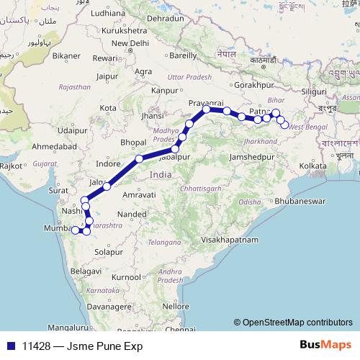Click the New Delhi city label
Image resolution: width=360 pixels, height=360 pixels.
coord(130,43)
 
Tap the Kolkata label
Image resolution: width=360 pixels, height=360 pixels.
coord(314,166)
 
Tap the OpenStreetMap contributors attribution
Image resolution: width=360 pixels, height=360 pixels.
coord(297,323)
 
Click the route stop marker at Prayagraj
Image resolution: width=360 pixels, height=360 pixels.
coord(207,109)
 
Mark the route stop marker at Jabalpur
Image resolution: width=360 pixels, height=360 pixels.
coord(175,150)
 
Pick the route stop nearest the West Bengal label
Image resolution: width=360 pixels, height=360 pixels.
coord(284,125)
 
